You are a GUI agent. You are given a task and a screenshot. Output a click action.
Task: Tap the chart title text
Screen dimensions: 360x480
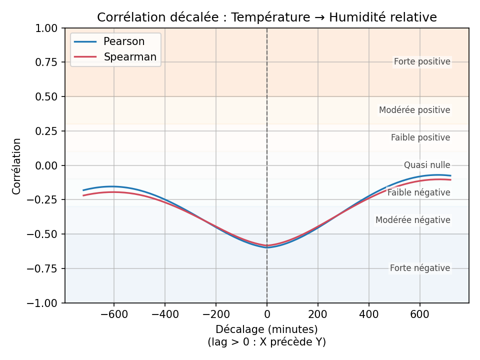(267, 17)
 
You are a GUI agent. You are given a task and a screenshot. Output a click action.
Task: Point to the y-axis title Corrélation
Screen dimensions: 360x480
(17, 166)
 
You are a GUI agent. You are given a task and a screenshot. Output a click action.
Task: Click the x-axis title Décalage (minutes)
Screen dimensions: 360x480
(266, 329)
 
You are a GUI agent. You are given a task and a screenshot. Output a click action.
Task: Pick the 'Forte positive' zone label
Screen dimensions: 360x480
(422, 62)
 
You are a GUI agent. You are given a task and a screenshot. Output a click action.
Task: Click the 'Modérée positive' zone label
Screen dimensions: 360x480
(414, 110)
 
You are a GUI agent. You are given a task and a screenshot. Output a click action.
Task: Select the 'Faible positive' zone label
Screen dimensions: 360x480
(420, 137)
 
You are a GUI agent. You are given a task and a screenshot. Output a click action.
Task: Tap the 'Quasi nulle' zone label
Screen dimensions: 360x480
(427, 165)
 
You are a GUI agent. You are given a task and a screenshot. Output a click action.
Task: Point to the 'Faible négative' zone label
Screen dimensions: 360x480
(419, 192)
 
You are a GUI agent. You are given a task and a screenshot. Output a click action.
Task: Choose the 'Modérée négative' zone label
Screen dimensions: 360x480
(413, 220)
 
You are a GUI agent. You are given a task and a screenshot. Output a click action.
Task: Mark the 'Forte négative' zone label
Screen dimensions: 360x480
(420, 268)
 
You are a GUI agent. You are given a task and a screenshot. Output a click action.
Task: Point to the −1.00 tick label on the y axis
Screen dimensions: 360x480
(45, 303)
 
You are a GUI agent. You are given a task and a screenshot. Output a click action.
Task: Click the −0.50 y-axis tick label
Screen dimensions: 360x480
(45, 234)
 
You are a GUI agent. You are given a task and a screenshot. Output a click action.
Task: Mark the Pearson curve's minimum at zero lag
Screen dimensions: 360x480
(267, 247)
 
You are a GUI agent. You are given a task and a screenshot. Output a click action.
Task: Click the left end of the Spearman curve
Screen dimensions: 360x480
(83, 195)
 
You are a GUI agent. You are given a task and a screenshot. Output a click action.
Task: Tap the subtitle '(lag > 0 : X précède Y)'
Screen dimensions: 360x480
(266, 342)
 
